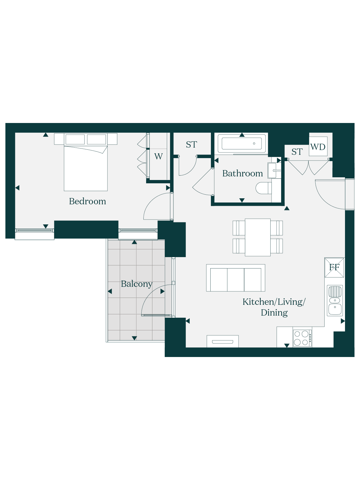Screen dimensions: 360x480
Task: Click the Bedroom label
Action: click(87, 201)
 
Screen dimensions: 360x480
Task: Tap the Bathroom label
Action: click(242, 173)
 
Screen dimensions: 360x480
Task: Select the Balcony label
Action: click(136, 284)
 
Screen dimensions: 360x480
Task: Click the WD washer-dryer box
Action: click(318, 146)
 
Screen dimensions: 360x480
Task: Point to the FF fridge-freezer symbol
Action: click(334, 268)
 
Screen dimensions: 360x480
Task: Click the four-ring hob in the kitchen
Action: click(302, 338)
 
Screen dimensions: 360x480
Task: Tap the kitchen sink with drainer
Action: click(335, 301)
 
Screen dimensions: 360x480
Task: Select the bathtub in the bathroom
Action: click(242, 143)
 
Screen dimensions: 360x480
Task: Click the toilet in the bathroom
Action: click(264, 188)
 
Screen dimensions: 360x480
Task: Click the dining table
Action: click(258, 237)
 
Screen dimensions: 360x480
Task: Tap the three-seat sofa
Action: click(235, 278)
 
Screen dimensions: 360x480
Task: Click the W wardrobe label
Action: click(158, 156)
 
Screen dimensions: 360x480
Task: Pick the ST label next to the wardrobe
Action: click(191, 145)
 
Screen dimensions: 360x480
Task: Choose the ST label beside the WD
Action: click(297, 151)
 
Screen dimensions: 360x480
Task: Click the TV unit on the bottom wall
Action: click(223, 341)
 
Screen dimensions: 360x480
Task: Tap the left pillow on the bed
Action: click(75, 139)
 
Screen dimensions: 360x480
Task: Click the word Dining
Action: click(274, 313)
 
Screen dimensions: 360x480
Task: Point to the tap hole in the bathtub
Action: click(254, 143)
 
